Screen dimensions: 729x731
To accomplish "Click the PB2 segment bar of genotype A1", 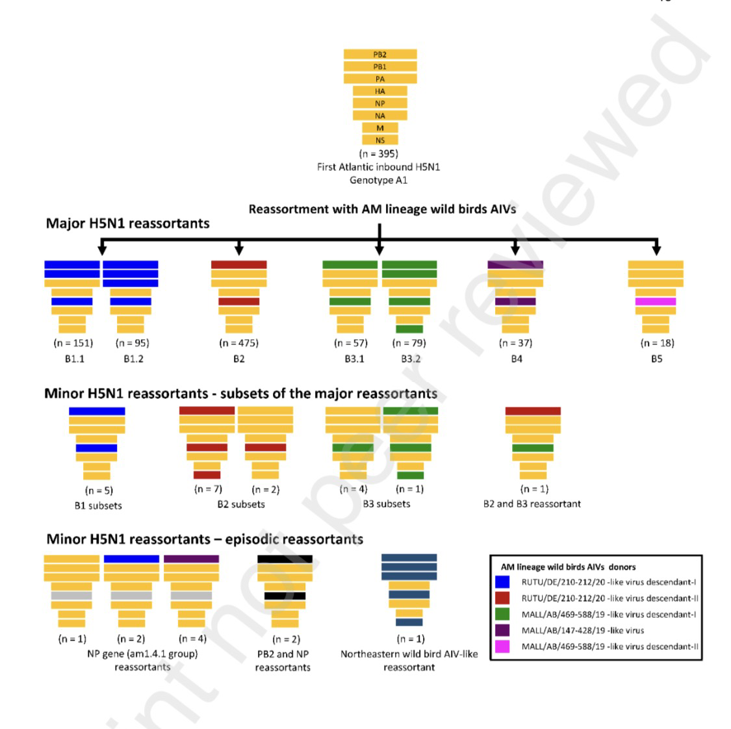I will (380, 55).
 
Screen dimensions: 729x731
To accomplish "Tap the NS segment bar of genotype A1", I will (380, 140).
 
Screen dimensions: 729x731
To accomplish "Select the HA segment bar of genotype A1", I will (380, 92).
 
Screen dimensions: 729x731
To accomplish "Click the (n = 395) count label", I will (379, 154).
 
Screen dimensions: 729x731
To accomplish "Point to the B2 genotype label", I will (238, 359).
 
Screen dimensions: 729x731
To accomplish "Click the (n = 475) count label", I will (238, 343).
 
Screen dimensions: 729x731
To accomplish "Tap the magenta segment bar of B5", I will (656, 301).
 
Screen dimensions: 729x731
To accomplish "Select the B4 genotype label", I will (516, 359).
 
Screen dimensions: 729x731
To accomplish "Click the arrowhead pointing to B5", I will (656, 250).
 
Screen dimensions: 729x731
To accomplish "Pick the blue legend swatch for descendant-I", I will (502, 582).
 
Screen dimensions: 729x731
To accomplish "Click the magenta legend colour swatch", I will (502, 646).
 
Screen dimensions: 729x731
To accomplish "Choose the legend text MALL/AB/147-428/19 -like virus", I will (583, 630).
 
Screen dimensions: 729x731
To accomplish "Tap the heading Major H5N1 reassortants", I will (127, 224).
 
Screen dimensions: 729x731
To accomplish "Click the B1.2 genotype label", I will (133, 359).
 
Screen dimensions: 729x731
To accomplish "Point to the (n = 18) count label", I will (657, 343).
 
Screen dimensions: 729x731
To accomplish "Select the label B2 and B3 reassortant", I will (532, 504).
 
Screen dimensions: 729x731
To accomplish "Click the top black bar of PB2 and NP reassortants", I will (285, 559).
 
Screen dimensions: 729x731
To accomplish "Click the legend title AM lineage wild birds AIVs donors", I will (568, 567).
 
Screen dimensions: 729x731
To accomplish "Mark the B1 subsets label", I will (98, 505).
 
